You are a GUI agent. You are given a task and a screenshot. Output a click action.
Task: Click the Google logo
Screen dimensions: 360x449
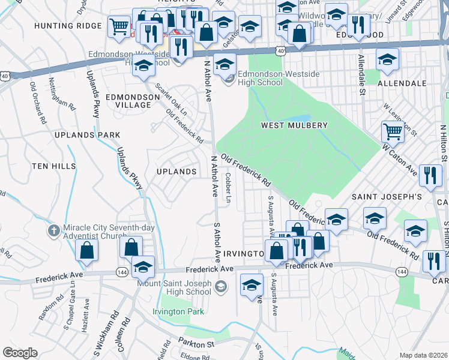pyautogui.click(x=19, y=353)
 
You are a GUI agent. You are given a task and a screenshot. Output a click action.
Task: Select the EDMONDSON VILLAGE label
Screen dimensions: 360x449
pyautogui.click(x=128, y=100)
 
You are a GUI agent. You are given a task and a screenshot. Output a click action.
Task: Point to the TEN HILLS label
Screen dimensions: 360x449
pyautogui.click(x=54, y=166)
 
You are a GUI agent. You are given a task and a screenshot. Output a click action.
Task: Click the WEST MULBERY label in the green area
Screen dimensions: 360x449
pyautogui.click(x=294, y=125)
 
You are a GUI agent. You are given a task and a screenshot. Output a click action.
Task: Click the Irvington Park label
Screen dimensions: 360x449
pyautogui.click(x=178, y=311)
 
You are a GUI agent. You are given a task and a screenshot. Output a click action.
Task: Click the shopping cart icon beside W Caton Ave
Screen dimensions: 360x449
pyautogui.click(x=393, y=130)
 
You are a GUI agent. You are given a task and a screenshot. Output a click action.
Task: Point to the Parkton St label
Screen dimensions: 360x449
pyautogui.click(x=196, y=344)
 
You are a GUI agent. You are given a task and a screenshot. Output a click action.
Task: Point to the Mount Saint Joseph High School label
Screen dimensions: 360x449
pyautogui.click(x=174, y=287)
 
